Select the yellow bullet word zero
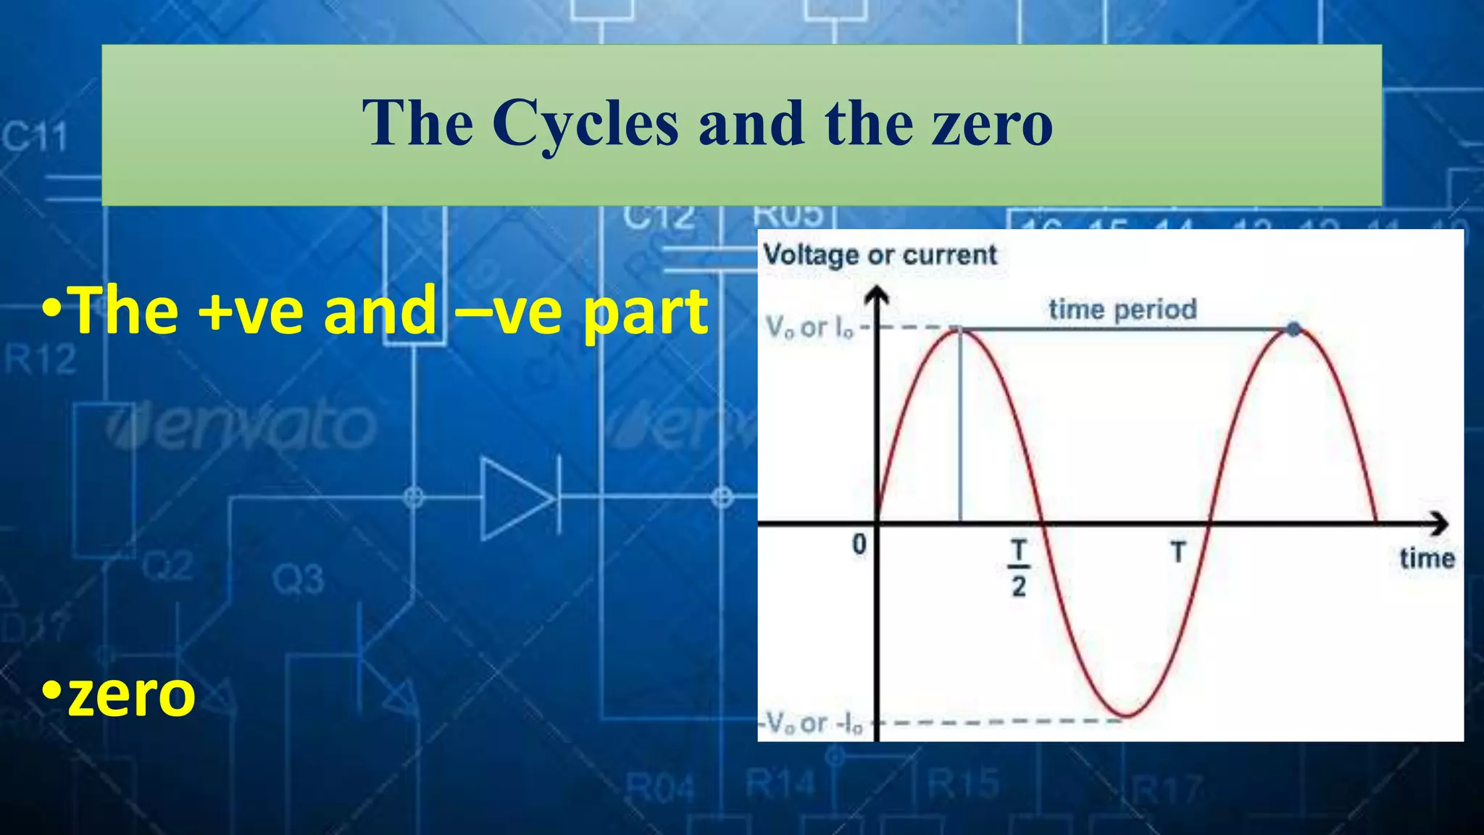130,694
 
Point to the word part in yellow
646,313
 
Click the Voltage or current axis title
880,255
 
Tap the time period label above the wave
1122,310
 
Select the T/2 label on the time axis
1019,568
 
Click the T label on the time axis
1178,553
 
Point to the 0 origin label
859,544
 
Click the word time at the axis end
1426,559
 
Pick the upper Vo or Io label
809,328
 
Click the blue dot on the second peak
1294,330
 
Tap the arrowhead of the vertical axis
878,294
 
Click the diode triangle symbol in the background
516,499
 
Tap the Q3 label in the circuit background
298,580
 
